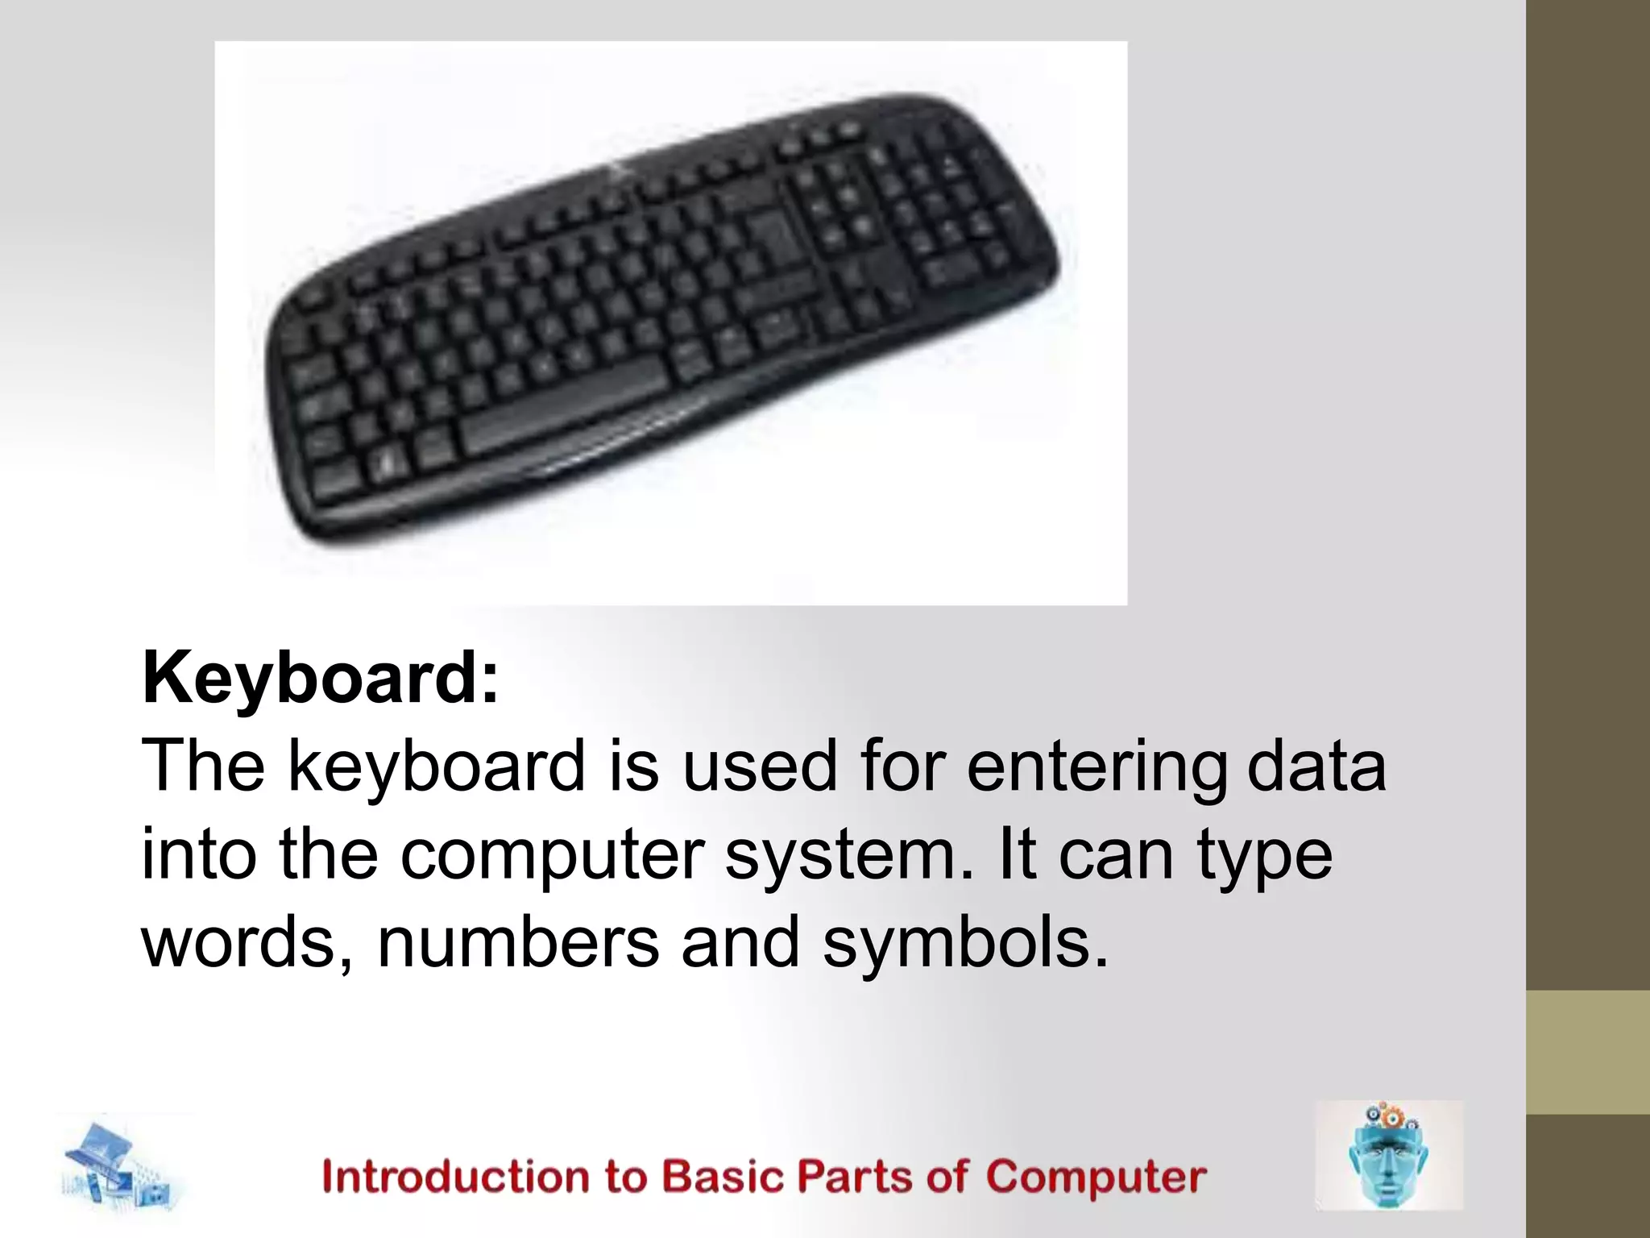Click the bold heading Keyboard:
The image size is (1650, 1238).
(x=321, y=679)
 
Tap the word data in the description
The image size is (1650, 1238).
(x=1316, y=766)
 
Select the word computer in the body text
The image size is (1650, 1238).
(x=553, y=855)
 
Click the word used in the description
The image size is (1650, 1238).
(x=761, y=766)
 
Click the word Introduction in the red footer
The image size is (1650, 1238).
(x=456, y=1177)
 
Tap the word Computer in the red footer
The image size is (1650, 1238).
(x=1096, y=1177)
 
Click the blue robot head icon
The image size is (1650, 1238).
(x=1388, y=1156)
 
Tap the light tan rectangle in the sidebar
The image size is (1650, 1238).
(x=1588, y=1052)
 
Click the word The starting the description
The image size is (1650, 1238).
(x=203, y=766)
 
